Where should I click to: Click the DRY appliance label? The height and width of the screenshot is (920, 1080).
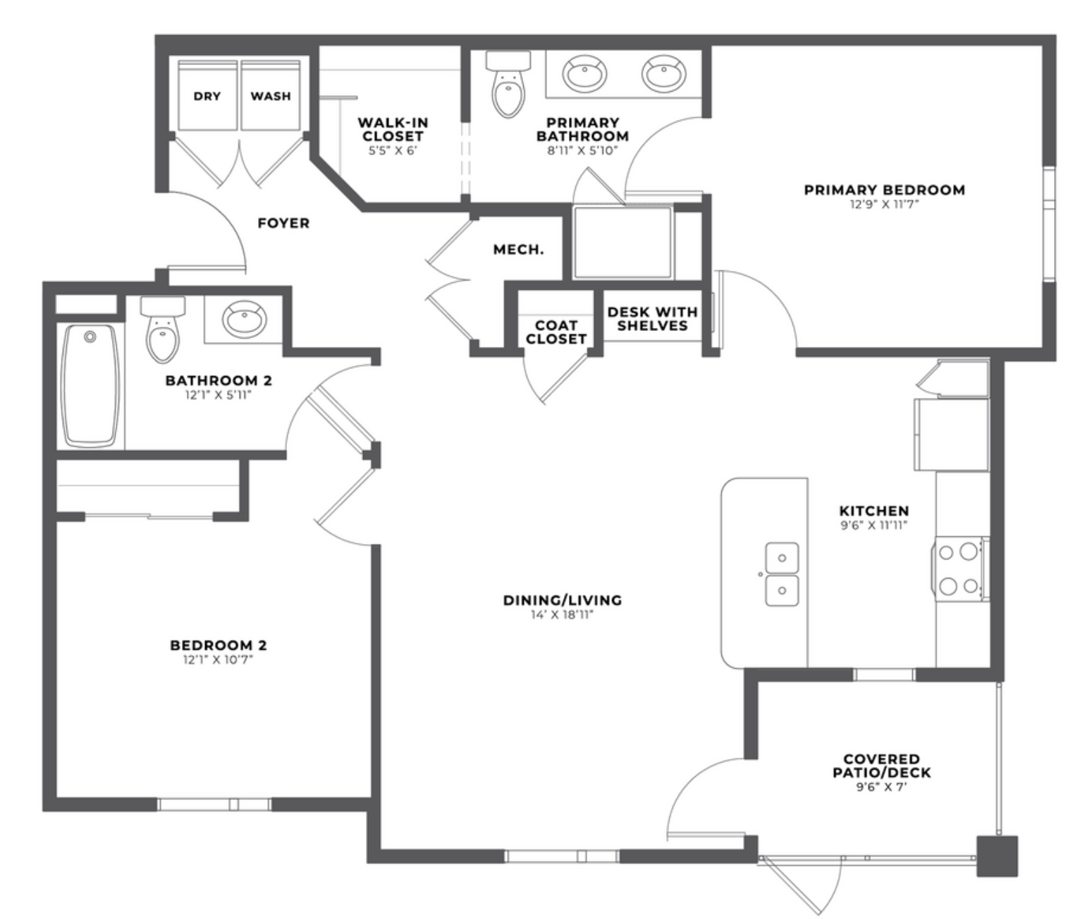(207, 96)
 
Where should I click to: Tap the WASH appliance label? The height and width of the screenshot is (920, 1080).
(270, 96)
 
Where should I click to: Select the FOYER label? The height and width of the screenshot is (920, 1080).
(283, 224)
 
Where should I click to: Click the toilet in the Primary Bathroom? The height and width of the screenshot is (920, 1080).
(508, 84)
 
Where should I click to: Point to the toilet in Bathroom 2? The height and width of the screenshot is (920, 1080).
(163, 330)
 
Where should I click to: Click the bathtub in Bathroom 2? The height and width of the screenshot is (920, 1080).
(90, 386)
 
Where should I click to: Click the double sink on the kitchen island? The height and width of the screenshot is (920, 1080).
(782, 574)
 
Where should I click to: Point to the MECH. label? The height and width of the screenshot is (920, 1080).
(518, 250)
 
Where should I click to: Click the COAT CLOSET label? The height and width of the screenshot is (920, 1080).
(556, 332)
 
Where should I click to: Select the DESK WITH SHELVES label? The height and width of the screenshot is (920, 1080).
(653, 318)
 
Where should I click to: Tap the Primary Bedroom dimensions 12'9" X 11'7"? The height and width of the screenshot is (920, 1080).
(884, 204)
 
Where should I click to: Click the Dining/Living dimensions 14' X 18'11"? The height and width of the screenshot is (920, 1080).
(562, 615)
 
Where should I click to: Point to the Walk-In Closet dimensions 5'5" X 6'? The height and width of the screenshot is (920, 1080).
(393, 151)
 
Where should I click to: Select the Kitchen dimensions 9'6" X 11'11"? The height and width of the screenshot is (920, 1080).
(874, 525)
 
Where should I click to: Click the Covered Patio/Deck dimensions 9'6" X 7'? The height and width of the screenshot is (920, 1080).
(881, 787)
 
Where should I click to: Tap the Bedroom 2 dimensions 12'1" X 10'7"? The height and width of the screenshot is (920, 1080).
(218, 660)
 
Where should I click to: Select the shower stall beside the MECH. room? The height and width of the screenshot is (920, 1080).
(622, 243)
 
